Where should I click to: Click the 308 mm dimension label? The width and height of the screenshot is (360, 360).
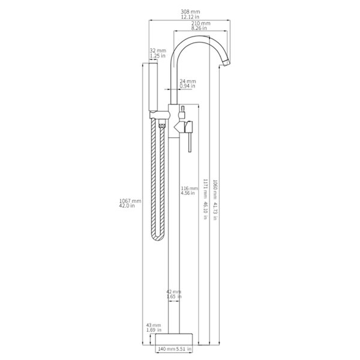(190, 11)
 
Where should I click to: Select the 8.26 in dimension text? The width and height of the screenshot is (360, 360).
(199, 28)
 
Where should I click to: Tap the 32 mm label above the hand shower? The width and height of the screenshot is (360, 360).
(158, 50)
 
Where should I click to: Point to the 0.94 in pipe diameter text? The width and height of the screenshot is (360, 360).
(187, 86)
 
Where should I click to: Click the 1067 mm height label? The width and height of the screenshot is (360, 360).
(130, 201)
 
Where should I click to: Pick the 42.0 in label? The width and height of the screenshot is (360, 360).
(127, 205)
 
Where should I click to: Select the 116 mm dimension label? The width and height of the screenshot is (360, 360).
(190, 188)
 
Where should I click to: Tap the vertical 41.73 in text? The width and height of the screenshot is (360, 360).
(215, 211)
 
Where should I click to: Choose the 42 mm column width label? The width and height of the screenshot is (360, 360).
(174, 292)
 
